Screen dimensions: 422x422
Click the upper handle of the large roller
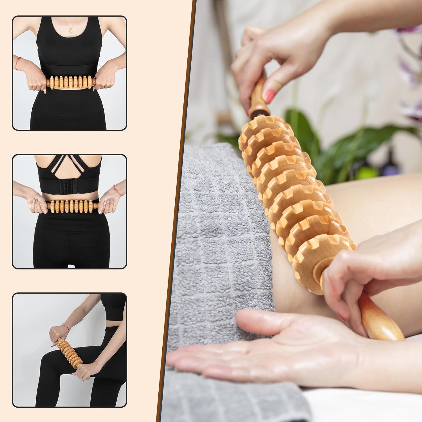coord(258,96)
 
